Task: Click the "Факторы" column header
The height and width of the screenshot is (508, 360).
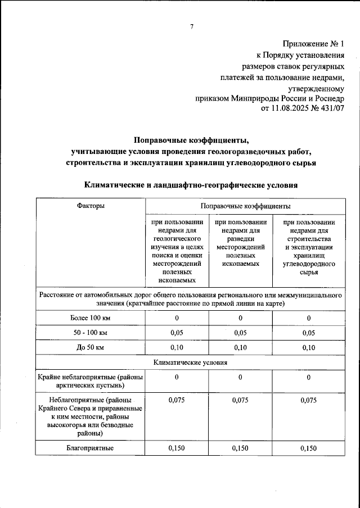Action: click(x=91, y=207)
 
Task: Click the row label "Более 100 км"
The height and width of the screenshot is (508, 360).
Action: click(x=91, y=319)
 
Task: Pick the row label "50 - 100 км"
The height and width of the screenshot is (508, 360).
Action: click(x=91, y=333)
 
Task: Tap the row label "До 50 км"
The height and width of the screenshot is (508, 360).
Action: click(x=91, y=348)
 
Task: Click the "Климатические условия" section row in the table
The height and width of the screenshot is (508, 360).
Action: click(x=190, y=362)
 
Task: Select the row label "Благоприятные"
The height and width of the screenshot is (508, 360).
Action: click(x=91, y=448)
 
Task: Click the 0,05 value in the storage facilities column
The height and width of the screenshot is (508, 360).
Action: click(x=308, y=333)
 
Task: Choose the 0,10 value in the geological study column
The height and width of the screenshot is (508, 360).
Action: click(x=177, y=348)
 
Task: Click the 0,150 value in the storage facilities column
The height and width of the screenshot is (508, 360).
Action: click(x=308, y=448)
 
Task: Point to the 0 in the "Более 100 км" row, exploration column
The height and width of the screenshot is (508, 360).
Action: click(x=240, y=319)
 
